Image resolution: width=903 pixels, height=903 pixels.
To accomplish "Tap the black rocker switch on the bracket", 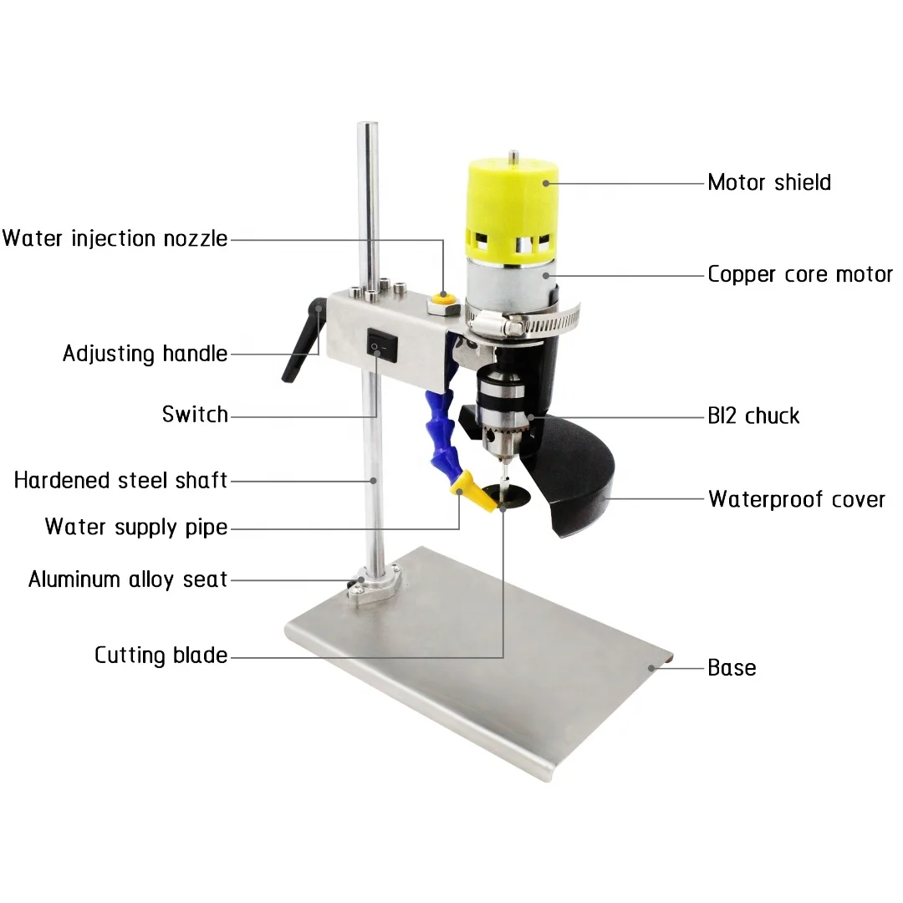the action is point(378,343).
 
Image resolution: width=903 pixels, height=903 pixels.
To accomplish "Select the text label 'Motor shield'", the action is point(769,182).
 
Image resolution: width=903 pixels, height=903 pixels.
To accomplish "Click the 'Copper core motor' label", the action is point(800,274).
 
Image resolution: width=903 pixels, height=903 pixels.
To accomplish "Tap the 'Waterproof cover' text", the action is point(796,500).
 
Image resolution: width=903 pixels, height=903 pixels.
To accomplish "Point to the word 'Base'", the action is point(732,668).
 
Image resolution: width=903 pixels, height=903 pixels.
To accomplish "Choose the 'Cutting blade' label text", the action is point(161,655).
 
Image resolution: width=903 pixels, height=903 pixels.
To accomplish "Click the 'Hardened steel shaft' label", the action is point(121,480).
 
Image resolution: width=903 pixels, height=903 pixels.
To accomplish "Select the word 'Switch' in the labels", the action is point(195,414).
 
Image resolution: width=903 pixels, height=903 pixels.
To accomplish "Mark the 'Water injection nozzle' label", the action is point(115,238).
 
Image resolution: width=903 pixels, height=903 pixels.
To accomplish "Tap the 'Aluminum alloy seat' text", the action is point(128,579).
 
